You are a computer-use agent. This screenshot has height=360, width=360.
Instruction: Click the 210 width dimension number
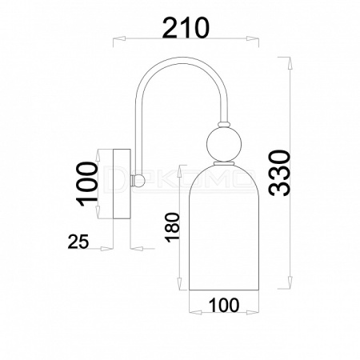click(186, 27)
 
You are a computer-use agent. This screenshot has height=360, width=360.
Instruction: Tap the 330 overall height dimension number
click(279, 174)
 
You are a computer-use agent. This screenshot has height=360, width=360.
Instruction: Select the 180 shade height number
click(172, 227)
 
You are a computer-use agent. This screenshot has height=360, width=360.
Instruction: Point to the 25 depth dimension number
click(78, 242)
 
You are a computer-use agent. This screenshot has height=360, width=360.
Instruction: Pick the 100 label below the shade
click(224, 305)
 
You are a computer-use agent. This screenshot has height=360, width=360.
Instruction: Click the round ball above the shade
click(224, 144)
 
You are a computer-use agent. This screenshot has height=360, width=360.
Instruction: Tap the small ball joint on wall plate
click(139, 181)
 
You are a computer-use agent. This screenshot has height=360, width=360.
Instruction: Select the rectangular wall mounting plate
click(122, 184)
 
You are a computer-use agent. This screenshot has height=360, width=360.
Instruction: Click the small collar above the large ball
click(224, 124)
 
